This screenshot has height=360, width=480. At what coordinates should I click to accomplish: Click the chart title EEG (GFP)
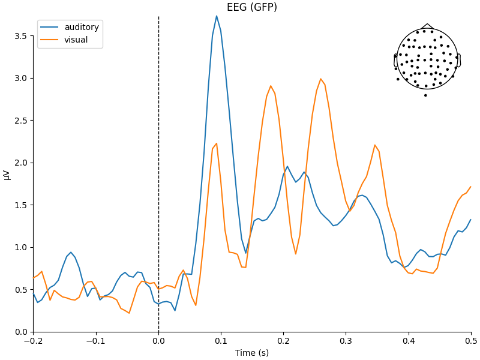tap(251, 7)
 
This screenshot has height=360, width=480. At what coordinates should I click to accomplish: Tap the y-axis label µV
tap(7, 174)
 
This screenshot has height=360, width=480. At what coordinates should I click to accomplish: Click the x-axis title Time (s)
tap(252, 353)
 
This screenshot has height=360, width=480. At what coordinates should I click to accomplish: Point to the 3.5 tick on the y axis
tap(21, 36)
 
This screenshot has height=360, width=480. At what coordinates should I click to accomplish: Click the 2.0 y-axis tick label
tap(21, 163)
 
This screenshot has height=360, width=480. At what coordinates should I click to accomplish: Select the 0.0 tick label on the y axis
tap(21, 332)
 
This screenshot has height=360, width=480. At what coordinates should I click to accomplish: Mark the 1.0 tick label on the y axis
tap(21, 247)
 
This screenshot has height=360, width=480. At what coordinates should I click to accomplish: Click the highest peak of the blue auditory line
tap(217, 16)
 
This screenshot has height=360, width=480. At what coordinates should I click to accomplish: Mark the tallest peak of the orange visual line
tap(321, 79)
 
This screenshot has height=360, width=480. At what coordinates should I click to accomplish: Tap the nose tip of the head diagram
tap(427, 25)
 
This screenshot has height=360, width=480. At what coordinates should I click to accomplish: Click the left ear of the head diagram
tap(395, 60)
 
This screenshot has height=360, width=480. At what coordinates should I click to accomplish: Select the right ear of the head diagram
tap(459, 60)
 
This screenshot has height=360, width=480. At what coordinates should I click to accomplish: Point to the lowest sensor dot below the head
tap(425, 95)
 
